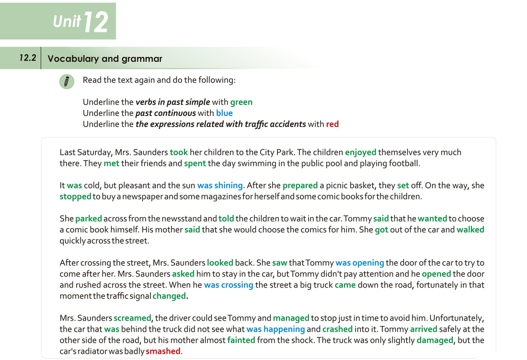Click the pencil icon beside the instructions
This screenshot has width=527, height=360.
click(67, 81)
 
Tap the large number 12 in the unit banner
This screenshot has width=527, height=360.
click(96, 23)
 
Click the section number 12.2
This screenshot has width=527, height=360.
click(28, 58)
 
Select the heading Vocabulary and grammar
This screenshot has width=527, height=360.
click(105, 59)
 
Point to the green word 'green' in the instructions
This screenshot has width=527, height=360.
click(241, 102)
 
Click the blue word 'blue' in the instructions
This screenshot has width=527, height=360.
click(224, 113)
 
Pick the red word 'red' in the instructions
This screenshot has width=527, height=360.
click(332, 124)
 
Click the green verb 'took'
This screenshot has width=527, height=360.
click(179, 152)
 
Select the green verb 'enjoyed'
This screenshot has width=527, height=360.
click(360, 152)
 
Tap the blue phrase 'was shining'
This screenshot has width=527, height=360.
click(220, 186)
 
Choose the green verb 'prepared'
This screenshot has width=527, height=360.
click(300, 186)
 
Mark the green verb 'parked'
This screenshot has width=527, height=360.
click(88, 219)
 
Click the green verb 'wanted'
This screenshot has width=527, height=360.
click(432, 219)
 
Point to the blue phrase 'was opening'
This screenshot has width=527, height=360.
click(359, 263)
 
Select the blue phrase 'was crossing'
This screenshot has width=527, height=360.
click(228, 285)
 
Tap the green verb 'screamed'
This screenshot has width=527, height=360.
click(132, 318)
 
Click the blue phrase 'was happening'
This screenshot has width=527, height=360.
click(275, 329)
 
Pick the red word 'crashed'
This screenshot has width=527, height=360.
click(337, 329)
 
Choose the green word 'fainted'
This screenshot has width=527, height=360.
click(241, 340)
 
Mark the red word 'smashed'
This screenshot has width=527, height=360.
click(163, 351)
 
